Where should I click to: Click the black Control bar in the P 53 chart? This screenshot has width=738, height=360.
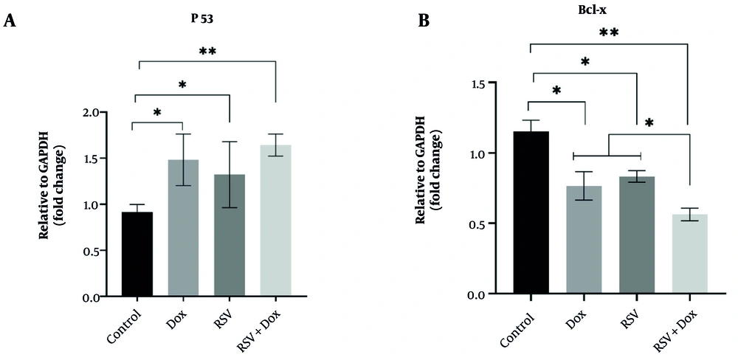tap(137, 255)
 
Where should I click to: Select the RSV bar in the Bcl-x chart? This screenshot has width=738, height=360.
tap(638, 235)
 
